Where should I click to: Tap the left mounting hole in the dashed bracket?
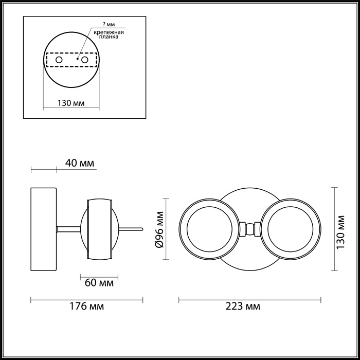[x=59, y=60]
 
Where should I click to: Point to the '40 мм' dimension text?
[x=80, y=164]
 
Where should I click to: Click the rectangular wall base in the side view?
[x=44, y=229]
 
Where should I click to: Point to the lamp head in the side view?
[x=100, y=229]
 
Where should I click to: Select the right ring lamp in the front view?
[x=291, y=229]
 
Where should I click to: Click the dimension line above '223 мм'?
[x=249, y=298]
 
